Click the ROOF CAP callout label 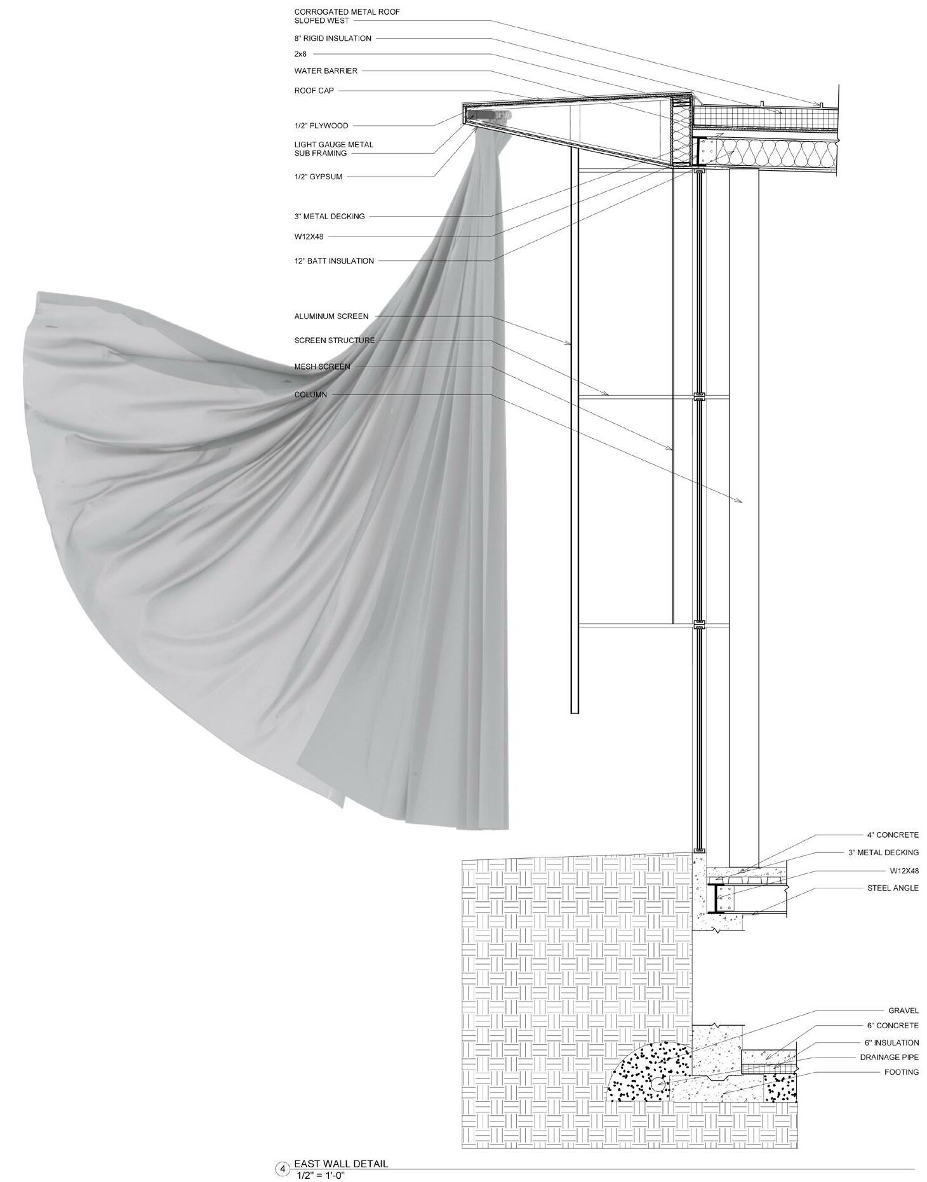(x=314, y=91)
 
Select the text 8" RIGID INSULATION (x=333, y=38)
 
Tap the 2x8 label (x=300, y=55)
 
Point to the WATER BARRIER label (x=326, y=71)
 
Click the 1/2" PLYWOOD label (x=321, y=126)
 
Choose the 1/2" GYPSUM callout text (x=318, y=177)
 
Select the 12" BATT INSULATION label (x=334, y=261)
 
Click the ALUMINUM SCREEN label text (x=331, y=316)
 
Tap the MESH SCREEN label (x=322, y=367)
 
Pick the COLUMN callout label (x=310, y=395)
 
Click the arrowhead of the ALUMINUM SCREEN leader (x=570, y=344)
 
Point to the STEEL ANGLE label (x=893, y=888)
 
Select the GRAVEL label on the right (x=903, y=1011)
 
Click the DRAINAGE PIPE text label (x=889, y=1058)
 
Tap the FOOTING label (x=902, y=1072)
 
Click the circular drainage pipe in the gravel (x=658, y=1085)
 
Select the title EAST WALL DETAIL (x=340, y=1164)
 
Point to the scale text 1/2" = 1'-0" (x=320, y=1176)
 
